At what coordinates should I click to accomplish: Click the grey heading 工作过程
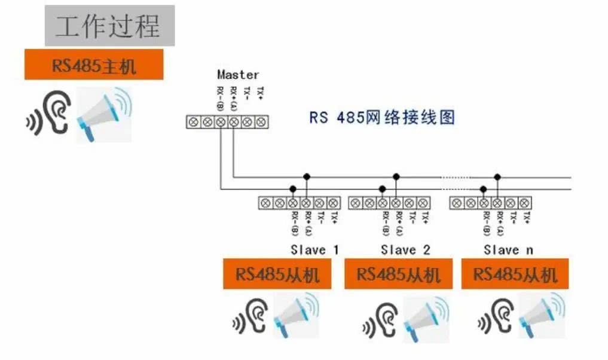coord(109,26)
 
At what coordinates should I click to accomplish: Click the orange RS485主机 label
coord(94,65)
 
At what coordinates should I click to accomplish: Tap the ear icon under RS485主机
coord(50,114)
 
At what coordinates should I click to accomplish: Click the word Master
coord(238,75)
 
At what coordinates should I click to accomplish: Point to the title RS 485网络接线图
coord(382,117)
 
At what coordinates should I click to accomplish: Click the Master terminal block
coord(227,122)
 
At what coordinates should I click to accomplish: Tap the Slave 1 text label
coord(314,249)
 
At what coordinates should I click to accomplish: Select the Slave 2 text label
coord(405,249)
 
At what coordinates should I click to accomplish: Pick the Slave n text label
coord(508,249)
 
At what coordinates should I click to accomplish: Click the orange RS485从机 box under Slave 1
coord(277,274)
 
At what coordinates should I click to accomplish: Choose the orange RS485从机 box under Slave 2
coord(398,274)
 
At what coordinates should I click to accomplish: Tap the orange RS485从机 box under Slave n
coord(515,274)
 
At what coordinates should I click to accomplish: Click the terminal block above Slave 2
coord(389,203)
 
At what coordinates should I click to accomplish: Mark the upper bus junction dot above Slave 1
coord(307,176)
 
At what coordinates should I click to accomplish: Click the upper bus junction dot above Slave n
coord(497,176)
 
